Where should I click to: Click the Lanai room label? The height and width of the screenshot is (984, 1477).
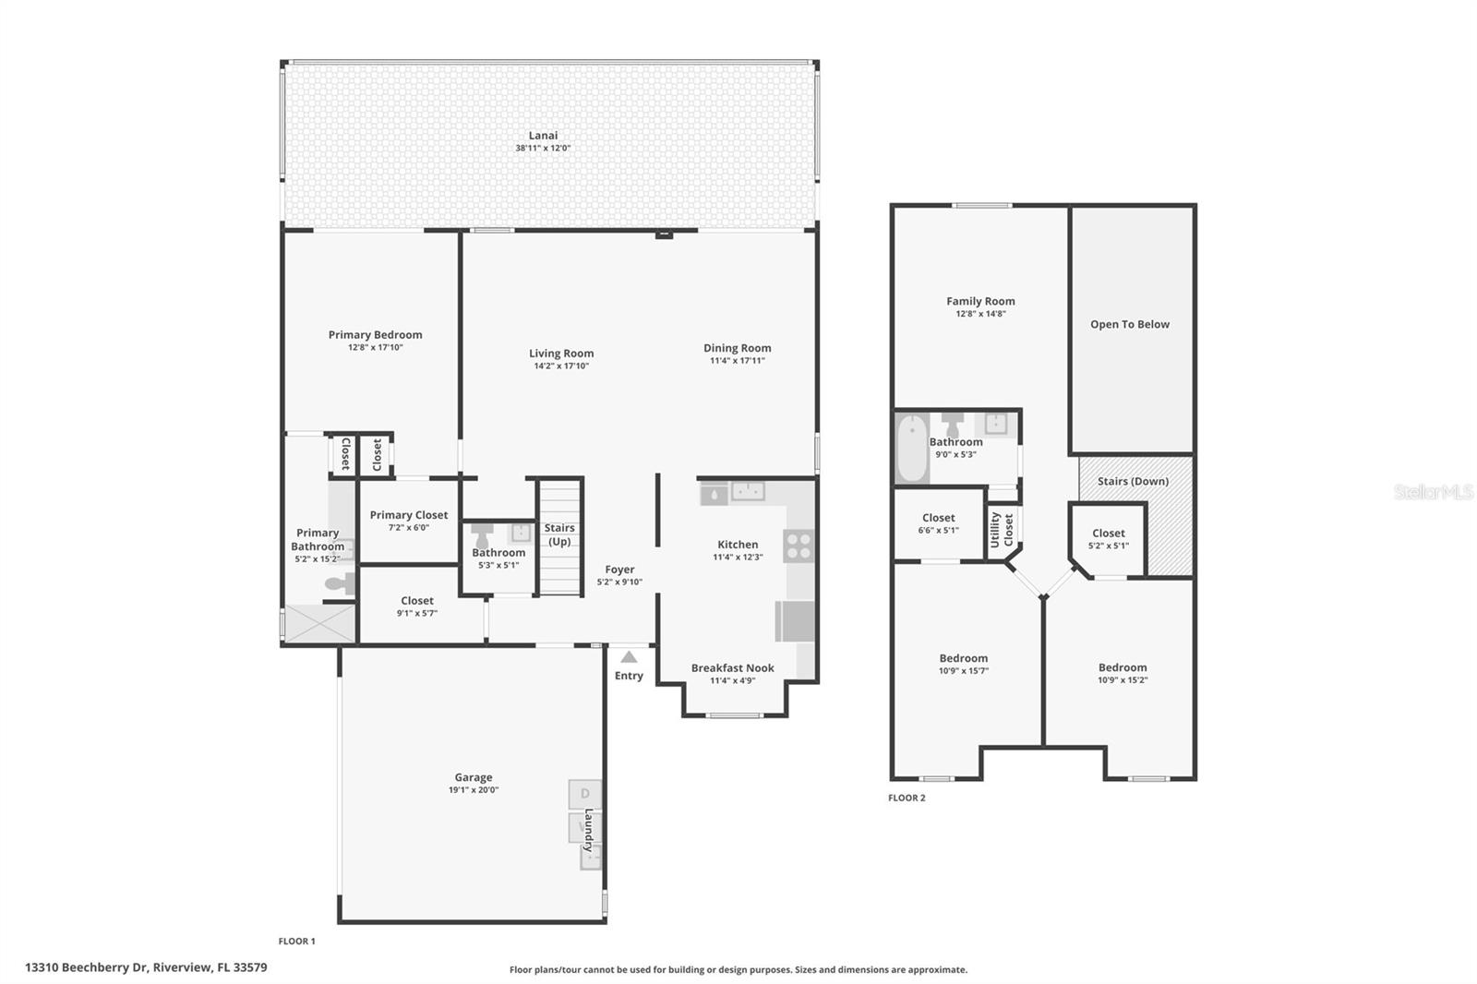pos(543,136)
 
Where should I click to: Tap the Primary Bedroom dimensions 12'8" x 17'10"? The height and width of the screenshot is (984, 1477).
pos(375,348)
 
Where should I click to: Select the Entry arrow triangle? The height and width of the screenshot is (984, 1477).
pos(629,657)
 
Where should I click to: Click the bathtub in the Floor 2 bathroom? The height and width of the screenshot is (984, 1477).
pos(912,449)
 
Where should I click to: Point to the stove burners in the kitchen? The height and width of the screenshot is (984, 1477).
pos(799,546)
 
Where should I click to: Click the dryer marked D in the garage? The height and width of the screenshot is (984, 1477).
pos(584,794)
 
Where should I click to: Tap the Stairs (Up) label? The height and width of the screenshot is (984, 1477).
pos(559,534)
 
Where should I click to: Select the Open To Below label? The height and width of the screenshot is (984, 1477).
pos(1129,325)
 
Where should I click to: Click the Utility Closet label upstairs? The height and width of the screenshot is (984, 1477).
pos(1002,530)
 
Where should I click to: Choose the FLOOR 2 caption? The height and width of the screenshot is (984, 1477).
pos(907,798)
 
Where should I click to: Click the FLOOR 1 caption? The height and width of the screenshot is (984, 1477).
pos(296,942)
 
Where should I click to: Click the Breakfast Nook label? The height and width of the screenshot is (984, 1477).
pos(732,668)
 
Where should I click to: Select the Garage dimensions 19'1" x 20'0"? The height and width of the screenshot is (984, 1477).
pos(473,790)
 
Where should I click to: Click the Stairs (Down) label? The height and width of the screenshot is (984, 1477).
pos(1133,481)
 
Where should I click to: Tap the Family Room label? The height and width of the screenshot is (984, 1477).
pos(980,301)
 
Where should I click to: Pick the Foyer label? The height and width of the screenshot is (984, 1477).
pos(619,570)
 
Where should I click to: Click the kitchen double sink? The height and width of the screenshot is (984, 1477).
pos(748,491)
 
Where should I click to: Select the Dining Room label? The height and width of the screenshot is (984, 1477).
pos(737,348)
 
